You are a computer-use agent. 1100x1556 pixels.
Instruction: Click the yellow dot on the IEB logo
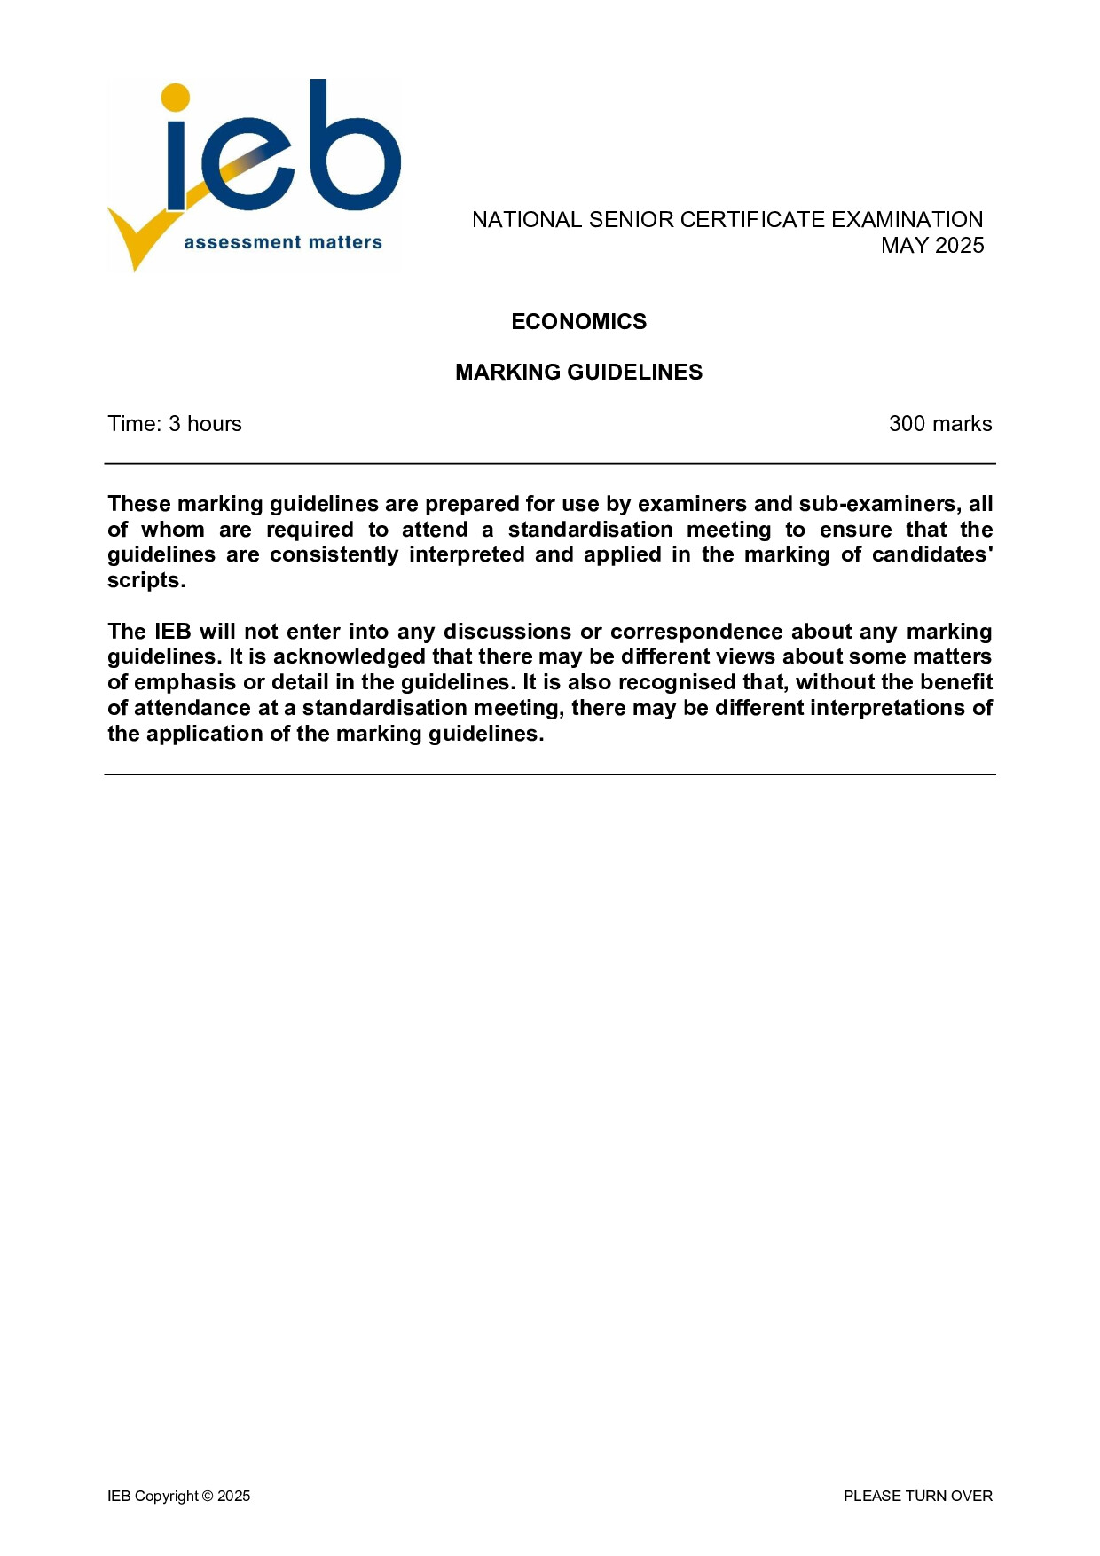point(176,98)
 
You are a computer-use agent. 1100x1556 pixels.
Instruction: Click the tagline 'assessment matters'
point(283,242)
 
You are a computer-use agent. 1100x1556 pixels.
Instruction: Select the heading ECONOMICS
point(578,321)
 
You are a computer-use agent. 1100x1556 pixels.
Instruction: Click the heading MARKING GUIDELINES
point(578,372)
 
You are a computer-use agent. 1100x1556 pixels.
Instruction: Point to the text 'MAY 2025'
point(931,246)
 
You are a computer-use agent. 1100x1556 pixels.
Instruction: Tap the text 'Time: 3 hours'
point(175,424)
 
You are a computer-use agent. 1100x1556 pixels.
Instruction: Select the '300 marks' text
point(939,424)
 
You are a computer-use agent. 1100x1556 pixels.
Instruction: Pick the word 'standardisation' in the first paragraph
point(590,530)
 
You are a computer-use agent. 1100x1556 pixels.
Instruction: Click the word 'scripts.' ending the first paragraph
point(146,580)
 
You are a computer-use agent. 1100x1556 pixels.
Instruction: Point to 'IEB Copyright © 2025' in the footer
point(178,1496)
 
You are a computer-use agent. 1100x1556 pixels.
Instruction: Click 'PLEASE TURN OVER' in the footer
point(917,1496)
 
